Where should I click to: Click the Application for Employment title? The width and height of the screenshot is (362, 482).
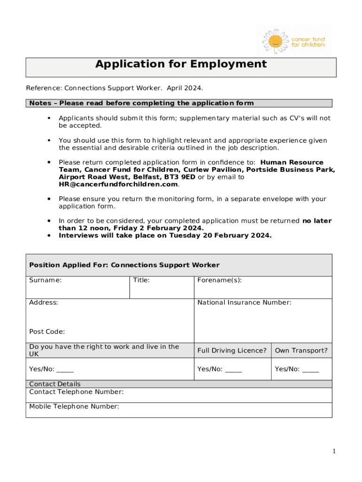click(181, 64)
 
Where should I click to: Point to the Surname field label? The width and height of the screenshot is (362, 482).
click(45, 280)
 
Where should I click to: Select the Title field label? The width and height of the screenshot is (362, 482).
click(141, 280)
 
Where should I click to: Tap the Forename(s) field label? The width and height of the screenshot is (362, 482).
click(220, 280)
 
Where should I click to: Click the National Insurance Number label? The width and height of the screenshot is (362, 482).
click(244, 303)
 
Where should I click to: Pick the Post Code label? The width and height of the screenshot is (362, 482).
click(47, 332)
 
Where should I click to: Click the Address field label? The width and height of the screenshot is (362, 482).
click(43, 303)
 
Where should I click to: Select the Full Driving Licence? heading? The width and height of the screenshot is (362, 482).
click(232, 351)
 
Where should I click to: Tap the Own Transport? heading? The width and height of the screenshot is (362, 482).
click(301, 351)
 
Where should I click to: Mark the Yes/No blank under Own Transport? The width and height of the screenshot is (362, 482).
click(310, 370)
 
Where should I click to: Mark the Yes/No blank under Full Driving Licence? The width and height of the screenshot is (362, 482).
click(233, 370)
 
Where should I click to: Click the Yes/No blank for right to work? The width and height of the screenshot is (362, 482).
click(65, 370)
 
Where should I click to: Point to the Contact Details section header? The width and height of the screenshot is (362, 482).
click(55, 384)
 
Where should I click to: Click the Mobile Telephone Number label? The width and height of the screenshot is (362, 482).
click(74, 407)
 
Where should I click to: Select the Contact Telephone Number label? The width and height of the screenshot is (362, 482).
click(76, 392)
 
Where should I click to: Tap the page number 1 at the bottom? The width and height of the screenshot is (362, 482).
click(334, 451)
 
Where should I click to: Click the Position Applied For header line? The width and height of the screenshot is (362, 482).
click(124, 265)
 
